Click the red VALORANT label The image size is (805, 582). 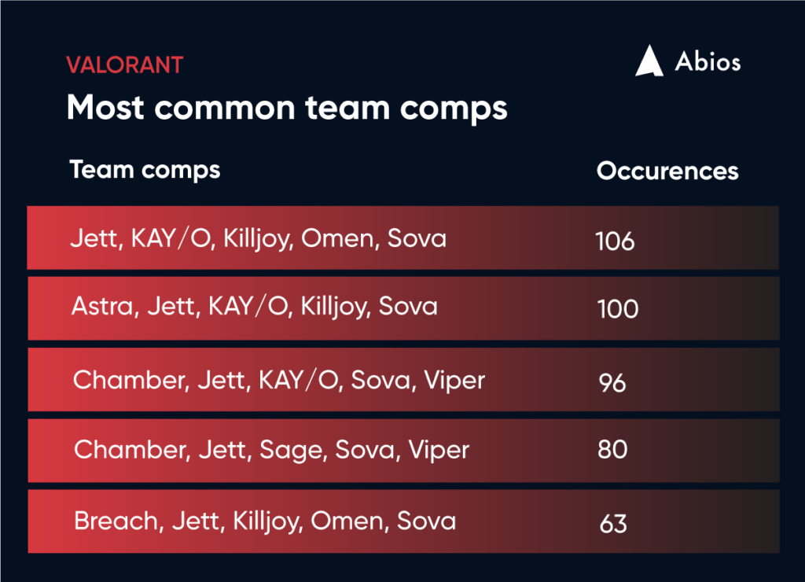click(x=125, y=65)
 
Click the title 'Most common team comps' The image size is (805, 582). click(x=287, y=109)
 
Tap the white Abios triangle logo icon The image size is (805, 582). click(x=649, y=61)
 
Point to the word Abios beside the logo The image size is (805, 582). click(x=708, y=61)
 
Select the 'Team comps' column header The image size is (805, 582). click(x=145, y=171)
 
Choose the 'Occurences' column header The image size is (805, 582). click(x=667, y=171)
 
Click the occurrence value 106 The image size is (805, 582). click(x=615, y=241)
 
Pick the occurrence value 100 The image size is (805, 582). click(x=618, y=309)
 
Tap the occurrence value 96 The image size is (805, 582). click(x=612, y=383)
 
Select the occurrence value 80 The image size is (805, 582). click(x=612, y=449)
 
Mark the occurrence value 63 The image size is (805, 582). click(x=613, y=524)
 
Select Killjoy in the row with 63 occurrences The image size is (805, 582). click(x=266, y=521)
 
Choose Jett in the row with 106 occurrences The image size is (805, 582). click(x=97, y=239)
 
